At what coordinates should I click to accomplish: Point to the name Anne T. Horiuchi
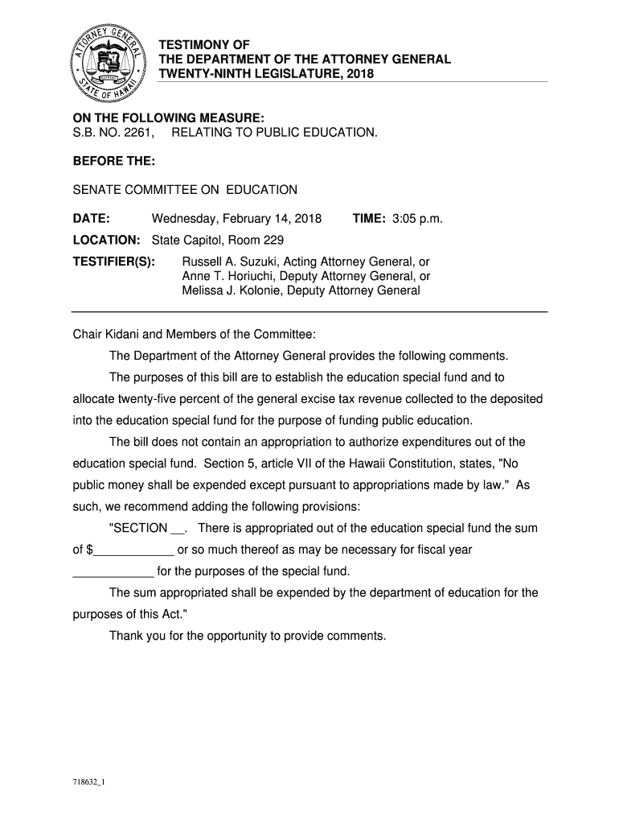click(x=227, y=276)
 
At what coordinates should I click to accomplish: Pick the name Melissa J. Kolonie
click(x=231, y=290)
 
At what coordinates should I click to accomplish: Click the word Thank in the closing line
click(x=125, y=636)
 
